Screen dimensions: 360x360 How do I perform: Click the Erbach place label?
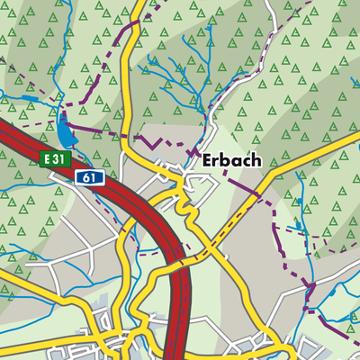[x=231, y=160]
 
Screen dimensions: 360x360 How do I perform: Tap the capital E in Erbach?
[x=208, y=160]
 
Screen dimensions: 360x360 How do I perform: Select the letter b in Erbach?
[x=227, y=160]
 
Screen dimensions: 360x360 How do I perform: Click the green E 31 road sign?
[x=55, y=158]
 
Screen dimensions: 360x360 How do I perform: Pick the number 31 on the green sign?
[x=60, y=158]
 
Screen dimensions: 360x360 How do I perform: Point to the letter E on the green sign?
[x=46, y=158]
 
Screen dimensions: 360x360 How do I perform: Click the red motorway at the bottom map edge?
[x=181, y=354]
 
